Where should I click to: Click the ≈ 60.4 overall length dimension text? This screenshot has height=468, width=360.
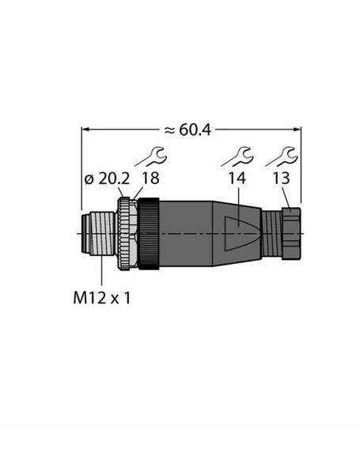[x=188, y=130]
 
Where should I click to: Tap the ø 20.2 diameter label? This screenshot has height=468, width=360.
[x=108, y=179]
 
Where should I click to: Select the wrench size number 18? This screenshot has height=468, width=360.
[x=150, y=178]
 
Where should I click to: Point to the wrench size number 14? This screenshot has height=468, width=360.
[x=237, y=178]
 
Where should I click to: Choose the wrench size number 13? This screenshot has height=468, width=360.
[x=281, y=178]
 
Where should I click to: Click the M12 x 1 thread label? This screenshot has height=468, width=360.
[x=102, y=298]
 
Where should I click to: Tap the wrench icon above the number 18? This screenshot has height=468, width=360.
[x=151, y=157]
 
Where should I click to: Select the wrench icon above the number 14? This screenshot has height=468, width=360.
[x=237, y=157]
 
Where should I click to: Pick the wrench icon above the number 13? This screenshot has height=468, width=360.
[x=282, y=157]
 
